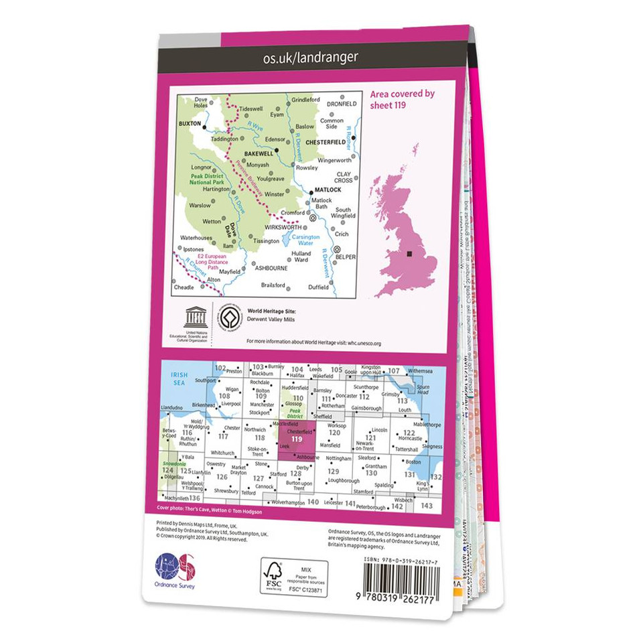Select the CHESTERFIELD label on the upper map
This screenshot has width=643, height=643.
327,142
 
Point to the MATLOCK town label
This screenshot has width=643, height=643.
328,190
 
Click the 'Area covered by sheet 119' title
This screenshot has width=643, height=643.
402,99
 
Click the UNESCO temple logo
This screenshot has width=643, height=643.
195,317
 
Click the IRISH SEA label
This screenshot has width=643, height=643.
177,378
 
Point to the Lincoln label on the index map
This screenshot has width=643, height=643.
380,429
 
